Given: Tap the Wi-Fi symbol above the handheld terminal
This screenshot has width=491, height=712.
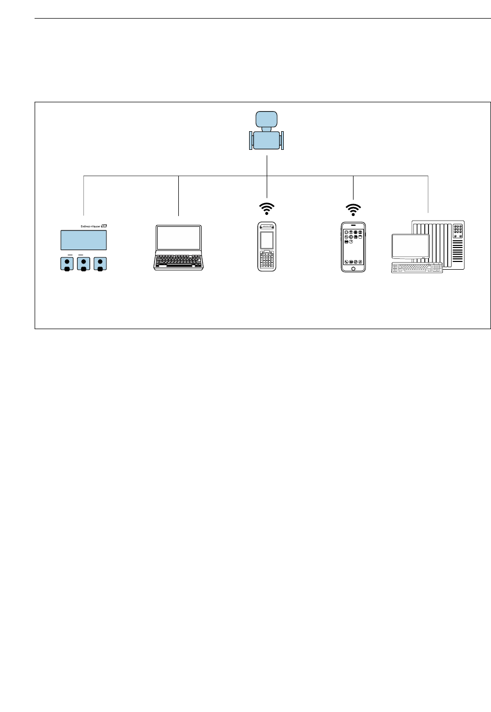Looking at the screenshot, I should [267, 208].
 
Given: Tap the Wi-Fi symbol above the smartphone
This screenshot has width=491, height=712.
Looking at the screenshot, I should [354, 209].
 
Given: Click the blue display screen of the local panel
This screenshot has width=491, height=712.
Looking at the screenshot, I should [84, 240].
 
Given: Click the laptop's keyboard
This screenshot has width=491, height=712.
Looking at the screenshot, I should [179, 260].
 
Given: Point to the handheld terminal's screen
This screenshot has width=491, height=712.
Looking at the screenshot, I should [267, 240].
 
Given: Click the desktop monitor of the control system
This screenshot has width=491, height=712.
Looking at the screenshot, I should [410, 246].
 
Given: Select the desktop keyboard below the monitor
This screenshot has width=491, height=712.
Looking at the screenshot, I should [417, 268].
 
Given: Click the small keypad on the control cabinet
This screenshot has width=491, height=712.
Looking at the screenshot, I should [457, 230].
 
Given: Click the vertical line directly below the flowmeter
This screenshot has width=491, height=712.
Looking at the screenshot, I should [267, 165].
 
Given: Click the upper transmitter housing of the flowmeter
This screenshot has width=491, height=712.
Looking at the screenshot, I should [267, 119].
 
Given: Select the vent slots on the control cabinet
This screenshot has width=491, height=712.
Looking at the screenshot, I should [457, 253].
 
